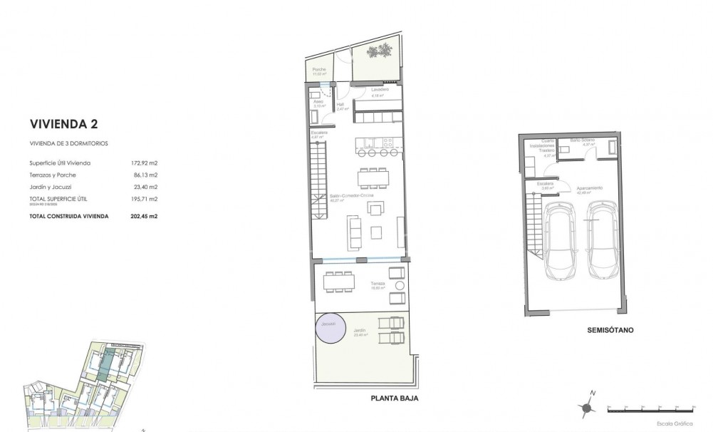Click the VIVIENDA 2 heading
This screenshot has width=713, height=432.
[63, 124]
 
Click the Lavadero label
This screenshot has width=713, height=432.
[380, 90]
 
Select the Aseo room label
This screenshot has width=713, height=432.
[318, 102]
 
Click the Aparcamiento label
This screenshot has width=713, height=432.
[589, 187]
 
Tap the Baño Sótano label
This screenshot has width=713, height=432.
[581, 141]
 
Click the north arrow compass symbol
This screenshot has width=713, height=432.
[588, 408]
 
